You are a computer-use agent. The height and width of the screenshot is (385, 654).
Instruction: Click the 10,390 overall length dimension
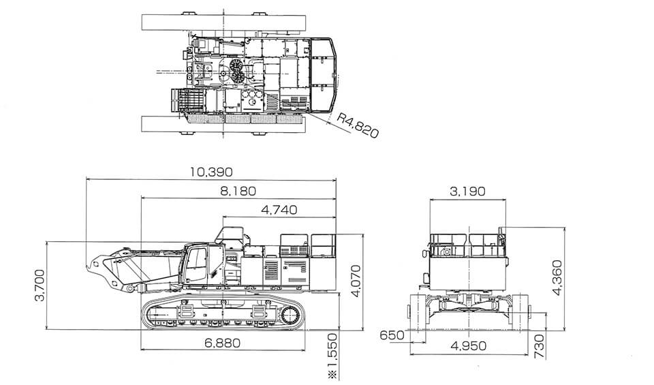[211, 172]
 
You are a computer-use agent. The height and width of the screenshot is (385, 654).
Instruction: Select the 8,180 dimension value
[238, 191]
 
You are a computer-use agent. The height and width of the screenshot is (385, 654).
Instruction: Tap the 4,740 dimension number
[279, 210]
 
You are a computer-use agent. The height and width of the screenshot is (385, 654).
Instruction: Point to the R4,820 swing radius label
[358, 125]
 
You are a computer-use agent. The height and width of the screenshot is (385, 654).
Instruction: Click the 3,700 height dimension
[40, 286]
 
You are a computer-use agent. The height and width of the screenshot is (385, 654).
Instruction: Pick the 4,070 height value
[356, 281]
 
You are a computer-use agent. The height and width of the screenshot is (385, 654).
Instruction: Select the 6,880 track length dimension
[222, 343]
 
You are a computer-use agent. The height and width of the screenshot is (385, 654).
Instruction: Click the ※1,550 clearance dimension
[332, 356]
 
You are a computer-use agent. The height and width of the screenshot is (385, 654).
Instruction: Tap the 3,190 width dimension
[467, 191]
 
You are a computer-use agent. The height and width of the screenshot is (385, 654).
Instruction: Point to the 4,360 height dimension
[558, 278]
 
